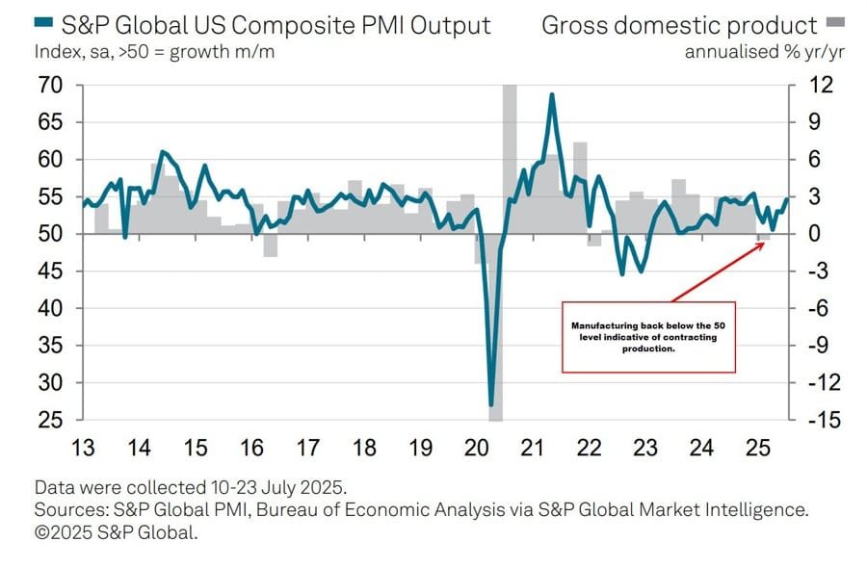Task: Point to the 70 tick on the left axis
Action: click(x=50, y=86)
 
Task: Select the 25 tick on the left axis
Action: click(x=50, y=420)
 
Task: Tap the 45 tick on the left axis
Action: click(x=50, y=271)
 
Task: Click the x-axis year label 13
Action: click(x=83, y=449)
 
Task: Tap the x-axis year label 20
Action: click(x=477, y=449)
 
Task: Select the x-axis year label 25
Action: click(x=759, y=449)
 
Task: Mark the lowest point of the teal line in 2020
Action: click(x=491, y=404)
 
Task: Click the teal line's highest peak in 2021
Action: click(x=551, y=94)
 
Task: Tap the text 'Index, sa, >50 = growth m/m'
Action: click(x=154, y=52)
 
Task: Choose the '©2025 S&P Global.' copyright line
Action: click(x=116, y=530)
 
